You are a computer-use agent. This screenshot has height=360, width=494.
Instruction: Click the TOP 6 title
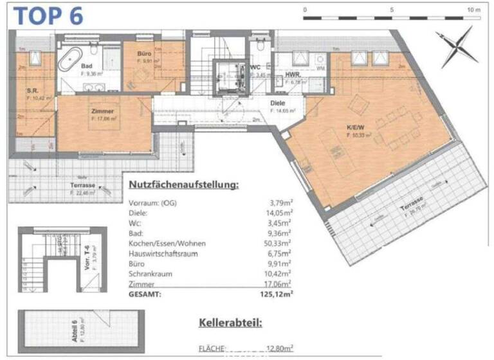[49, 15]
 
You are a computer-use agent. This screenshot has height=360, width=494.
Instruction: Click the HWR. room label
[293, 75]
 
